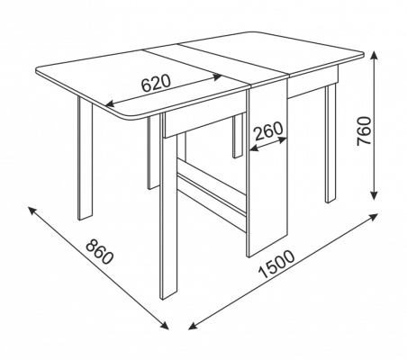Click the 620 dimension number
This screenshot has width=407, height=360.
(x=156, y=83)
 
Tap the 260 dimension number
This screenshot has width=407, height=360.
(x=268, y=130)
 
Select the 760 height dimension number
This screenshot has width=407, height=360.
(x=365, y=131)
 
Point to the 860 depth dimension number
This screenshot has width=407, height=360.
(x=100, y=252)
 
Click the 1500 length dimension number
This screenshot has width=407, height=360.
(x=276, y=264)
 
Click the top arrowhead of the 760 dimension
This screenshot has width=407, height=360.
(x=374, y=55)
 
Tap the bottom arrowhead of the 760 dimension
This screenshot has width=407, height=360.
(x=374, y=195)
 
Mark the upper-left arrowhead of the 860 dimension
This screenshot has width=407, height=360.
(x=32, y=210)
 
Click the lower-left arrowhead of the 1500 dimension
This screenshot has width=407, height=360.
(x=193, y=326)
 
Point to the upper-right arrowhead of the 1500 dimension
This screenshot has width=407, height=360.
(x=373, y=217)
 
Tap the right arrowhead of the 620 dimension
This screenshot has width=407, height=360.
(x=218, y=76)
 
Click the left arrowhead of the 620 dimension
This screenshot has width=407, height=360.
(x=110, y=104)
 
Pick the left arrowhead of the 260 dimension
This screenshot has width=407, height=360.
(x=254, y=148)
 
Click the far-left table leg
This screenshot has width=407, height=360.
(x=86, y=157)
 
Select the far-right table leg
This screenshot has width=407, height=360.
(x=330, y=143)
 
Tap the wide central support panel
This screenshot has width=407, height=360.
(x=267, y=168)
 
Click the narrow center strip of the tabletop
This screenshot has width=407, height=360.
(x=213, y=64)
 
